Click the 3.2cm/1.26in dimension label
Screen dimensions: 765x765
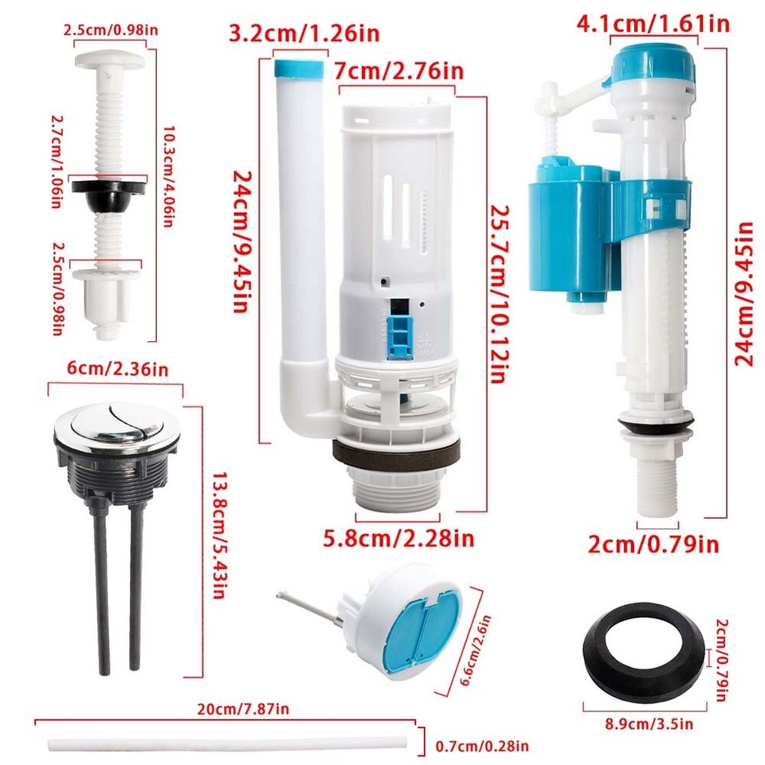304,34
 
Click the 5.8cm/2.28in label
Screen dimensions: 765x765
399,539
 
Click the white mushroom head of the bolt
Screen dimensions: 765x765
109,59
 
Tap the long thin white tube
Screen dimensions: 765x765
231,744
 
